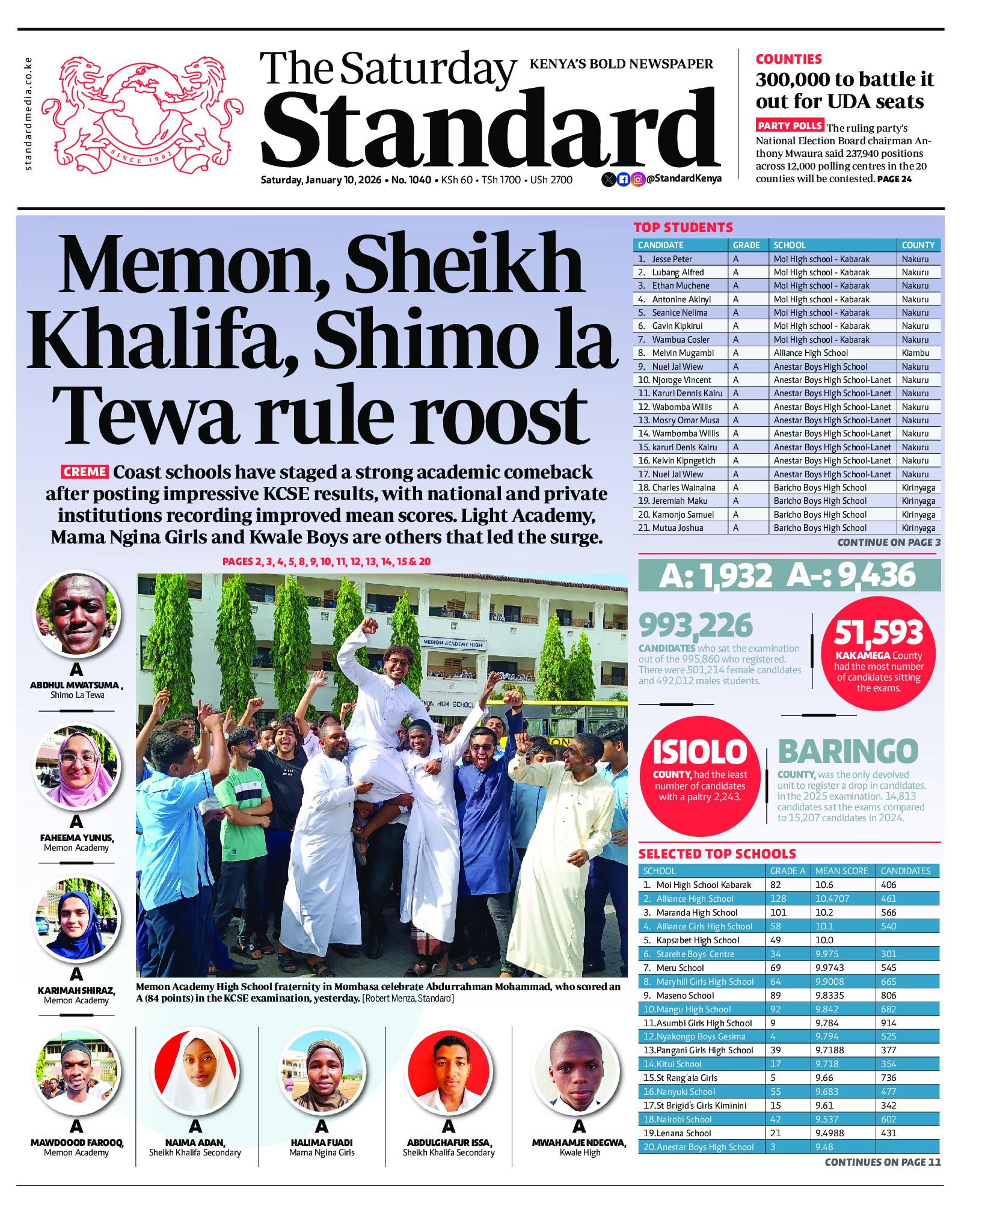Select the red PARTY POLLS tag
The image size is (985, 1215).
click(790, 126)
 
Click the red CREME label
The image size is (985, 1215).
click(84, 472)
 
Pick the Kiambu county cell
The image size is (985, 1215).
click(915, 353)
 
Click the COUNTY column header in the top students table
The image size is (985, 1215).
click(918, 245)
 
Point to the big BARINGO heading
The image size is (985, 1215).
click(848, 751)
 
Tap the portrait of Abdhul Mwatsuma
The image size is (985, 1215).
click(76, 613)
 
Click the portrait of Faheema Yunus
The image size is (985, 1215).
click(76, 765)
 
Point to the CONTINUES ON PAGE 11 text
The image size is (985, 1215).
click(882, 1179)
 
